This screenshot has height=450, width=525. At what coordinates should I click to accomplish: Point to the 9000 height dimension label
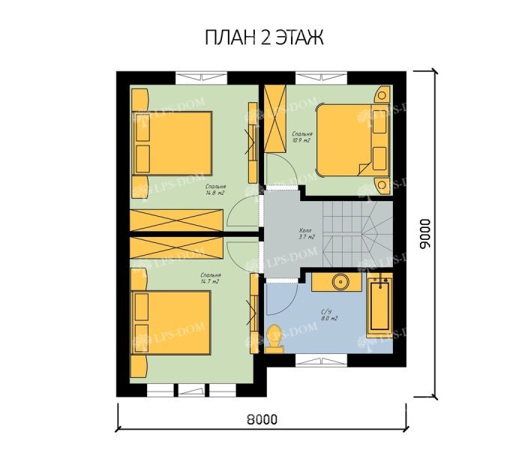click(x=425, y=233)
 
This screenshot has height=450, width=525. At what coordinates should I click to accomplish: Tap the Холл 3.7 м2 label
click(x=305, y=233)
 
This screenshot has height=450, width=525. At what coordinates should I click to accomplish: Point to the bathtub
click(x=379, y=307)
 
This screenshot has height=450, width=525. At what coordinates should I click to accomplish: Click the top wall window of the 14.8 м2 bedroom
click(x=199, y=75)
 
